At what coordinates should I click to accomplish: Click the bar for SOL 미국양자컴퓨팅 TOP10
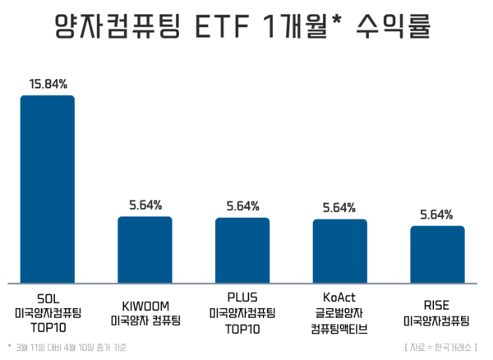coord(48,189)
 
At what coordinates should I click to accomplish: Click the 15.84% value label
coord(48,84)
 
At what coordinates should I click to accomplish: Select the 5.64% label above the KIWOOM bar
coord(145,205)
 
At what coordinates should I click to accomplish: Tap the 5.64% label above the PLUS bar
coord(242,205)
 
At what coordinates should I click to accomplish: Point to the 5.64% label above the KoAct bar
coord(339,207)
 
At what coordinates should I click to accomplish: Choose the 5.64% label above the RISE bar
coord(437,215)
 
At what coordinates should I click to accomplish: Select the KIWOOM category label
coord(145,306)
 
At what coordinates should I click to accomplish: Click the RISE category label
coord(437,306)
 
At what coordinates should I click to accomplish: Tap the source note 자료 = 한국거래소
coord(446,346)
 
